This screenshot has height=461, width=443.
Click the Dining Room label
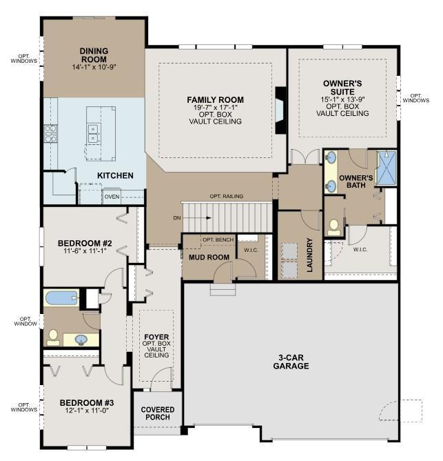coord(94,55)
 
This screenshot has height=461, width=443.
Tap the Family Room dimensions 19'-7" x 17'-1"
coord(215,107)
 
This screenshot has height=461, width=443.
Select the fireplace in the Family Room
coord(280,110)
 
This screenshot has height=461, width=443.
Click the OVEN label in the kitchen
coord(112,197)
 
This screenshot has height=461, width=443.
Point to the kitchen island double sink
coord(94,133)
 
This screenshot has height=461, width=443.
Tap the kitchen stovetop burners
coord(50,133)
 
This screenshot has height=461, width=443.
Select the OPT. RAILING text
coord(227,196)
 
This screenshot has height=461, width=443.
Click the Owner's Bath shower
coord(387,168)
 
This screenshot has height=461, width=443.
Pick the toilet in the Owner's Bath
coord(333,228)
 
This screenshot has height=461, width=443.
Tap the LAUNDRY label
coord(310,255)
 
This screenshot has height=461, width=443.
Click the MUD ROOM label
coord(209,257)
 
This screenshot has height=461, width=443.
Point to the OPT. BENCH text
coord(218,239)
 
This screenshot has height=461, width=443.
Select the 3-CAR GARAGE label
coord(291,362)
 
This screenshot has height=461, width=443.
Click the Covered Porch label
coord(158,413)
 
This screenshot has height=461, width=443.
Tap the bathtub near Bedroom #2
coord(61,298)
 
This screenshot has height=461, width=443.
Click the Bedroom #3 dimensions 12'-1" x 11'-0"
coord(87,410)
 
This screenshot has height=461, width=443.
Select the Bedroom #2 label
coord(85,244)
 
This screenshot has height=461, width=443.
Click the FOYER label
coord(156,337)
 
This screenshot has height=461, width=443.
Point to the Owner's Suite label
coord(342,88)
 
